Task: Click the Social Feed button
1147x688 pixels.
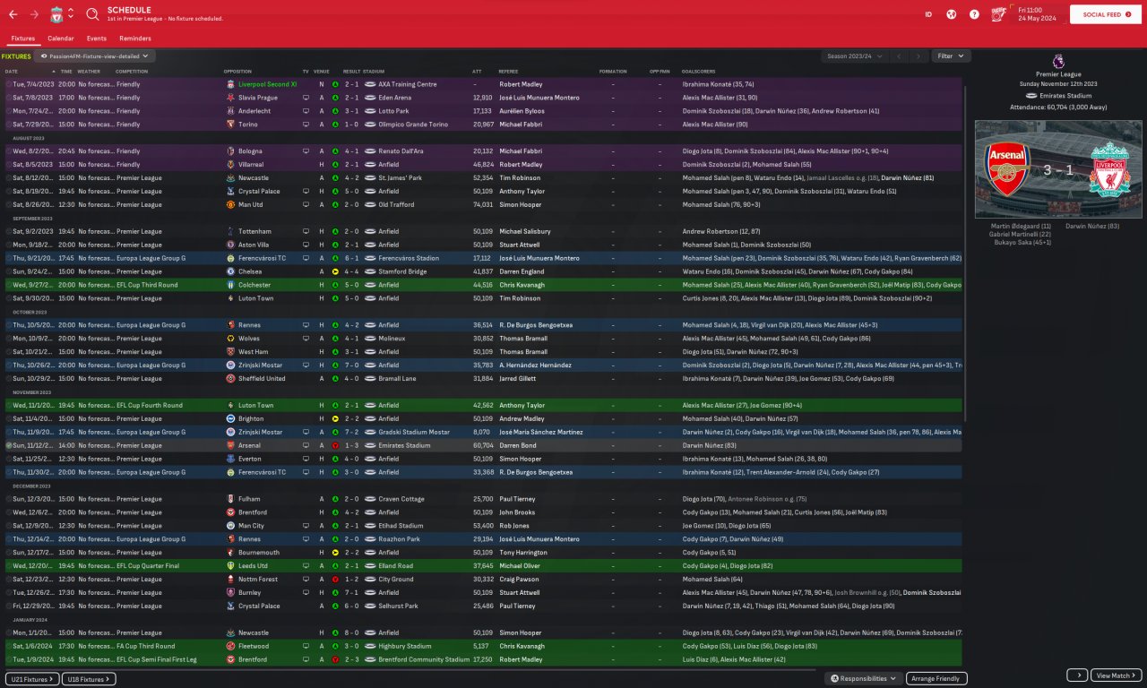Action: [x=1106, y=14]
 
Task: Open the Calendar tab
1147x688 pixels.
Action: [x=61, y=39]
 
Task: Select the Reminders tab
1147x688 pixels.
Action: [x=135, y=39]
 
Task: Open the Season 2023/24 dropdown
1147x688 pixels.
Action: [x=854, y=56]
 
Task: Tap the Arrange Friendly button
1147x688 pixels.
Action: [x=936, y=678]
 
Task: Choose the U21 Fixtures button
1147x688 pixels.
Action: [x=32, y=679]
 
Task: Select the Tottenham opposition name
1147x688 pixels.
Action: [x=257, y=231]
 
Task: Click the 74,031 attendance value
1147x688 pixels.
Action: [x=482, y=204]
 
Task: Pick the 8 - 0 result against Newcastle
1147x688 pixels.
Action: [x=351, y=632]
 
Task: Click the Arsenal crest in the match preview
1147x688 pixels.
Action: [x=1007, y=168]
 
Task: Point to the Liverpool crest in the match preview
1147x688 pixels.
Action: [x=1110, y=168]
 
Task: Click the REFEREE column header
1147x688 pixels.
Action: [x=508, y=71]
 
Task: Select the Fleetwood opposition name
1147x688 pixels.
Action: [x=255, y=646]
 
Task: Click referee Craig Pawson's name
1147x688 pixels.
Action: [x=521, y=580]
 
